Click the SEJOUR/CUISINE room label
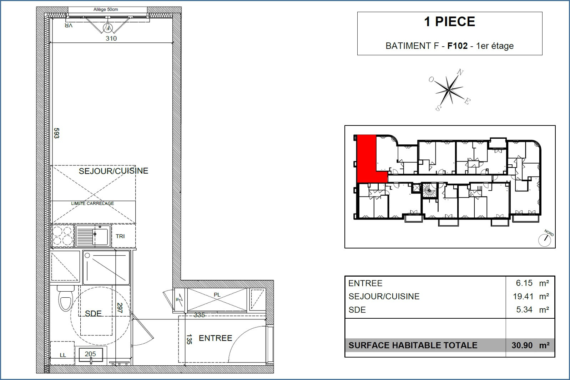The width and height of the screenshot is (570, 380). (113, 171)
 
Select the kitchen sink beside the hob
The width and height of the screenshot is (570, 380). (93, 235)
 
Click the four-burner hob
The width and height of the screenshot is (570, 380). (62, 236)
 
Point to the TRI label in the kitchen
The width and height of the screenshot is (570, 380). (120, 236)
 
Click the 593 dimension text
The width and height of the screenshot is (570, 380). (56, 133)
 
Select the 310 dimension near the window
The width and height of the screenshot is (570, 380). (111, 38)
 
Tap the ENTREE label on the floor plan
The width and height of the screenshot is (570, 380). (215, 338)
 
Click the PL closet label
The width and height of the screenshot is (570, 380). (217, 295)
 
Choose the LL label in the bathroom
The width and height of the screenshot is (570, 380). (63, 355)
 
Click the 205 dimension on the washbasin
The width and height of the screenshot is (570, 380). (90, 354)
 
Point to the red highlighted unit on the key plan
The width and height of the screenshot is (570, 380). (367, 159)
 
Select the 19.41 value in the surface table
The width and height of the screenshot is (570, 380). (524, 296)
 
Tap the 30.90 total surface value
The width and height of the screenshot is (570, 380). (522, 345)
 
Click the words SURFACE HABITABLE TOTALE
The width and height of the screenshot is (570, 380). (413, 345)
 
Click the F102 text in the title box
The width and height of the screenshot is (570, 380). (457, 46)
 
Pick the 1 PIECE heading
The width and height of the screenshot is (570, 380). (449, 22)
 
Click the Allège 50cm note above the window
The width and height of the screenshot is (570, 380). (106, 10)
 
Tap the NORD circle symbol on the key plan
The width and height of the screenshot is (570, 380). (545, 240)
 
